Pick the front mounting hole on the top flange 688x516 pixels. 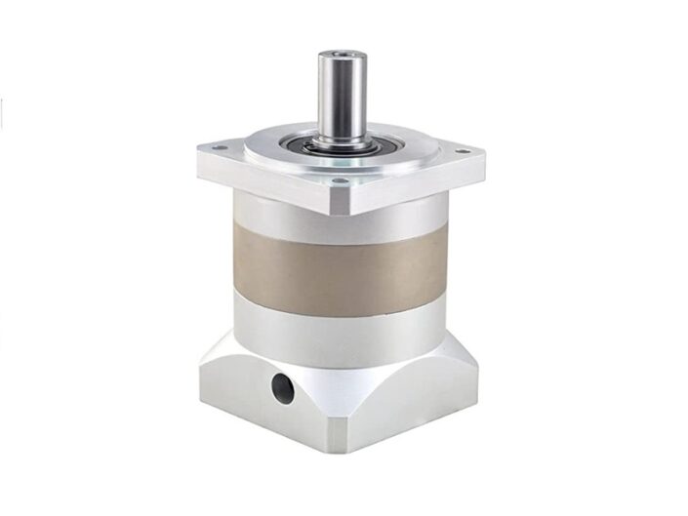point(338,180)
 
